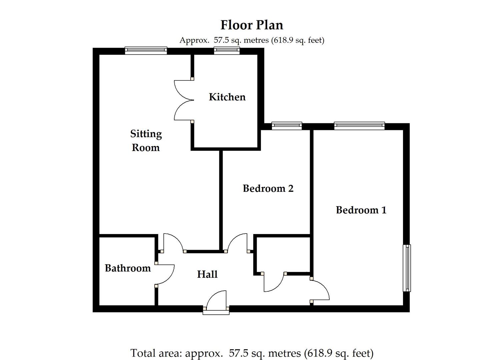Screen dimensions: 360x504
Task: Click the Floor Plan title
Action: tap(252, 25)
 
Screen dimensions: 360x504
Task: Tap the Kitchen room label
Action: tap(227, 97)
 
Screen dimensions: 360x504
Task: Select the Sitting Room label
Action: tap(146, 140)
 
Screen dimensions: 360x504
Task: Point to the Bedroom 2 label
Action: tap(268, 188)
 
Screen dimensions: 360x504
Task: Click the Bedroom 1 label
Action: tap(361, 210)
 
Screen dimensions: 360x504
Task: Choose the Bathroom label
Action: tap(128, 268)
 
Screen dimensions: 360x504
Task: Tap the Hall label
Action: tap(207, 274)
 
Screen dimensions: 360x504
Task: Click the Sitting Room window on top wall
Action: tap(146, 50)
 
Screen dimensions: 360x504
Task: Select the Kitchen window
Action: tap(227, 50)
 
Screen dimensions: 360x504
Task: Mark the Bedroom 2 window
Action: tap(287, 126)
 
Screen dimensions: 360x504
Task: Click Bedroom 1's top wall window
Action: tap(359, 126)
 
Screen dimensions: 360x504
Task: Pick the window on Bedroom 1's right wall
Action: tap(407, 268)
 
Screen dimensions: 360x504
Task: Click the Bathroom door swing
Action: tap(166, 274)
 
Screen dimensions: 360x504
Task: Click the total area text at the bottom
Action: tap(252, 353)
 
